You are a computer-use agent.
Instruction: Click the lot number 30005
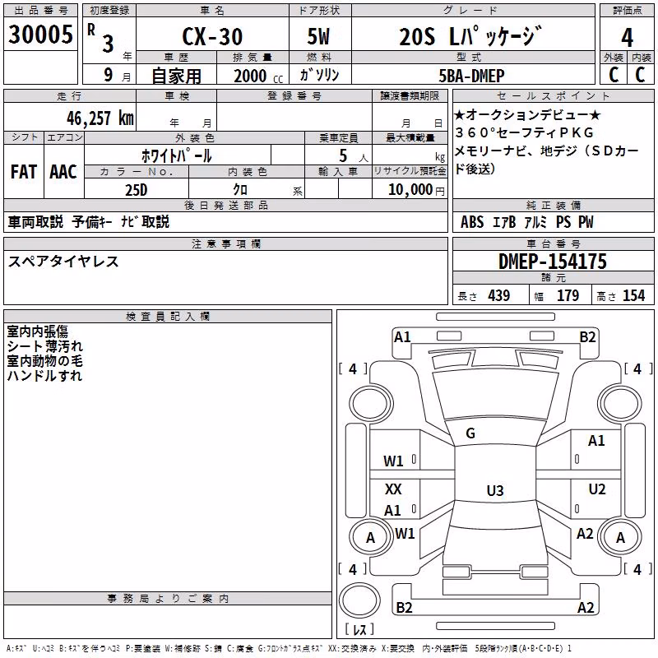40,35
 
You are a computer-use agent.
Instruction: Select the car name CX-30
212,36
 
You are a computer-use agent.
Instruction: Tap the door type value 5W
318,36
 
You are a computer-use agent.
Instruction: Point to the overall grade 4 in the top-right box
627,38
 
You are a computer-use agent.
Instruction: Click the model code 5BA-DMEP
471,76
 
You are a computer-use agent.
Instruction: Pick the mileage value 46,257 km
100,118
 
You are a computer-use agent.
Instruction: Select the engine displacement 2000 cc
258,76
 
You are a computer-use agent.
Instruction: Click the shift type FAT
24,172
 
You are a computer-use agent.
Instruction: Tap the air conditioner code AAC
63,172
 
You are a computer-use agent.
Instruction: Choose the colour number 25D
137,190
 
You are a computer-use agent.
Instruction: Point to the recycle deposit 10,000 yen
416,190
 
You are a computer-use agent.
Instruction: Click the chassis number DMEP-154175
553,262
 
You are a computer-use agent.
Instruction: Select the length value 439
499,296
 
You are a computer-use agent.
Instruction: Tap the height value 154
633,296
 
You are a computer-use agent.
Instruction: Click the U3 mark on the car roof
495,490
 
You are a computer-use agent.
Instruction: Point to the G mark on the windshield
470,433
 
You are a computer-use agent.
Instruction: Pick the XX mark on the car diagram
393,489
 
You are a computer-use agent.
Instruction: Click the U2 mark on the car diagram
597,489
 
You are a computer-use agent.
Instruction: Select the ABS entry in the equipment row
472,222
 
